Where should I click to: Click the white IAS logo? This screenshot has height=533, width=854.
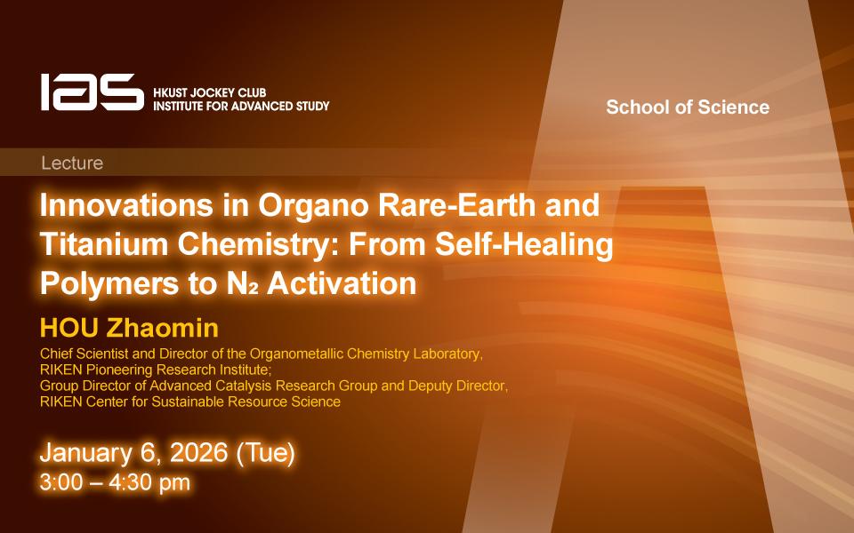click(92, 91)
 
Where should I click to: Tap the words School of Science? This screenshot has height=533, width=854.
click(688, 107)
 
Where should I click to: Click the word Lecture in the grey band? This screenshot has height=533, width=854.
click(72, 163)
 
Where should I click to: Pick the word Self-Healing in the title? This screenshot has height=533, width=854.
click(524, 245)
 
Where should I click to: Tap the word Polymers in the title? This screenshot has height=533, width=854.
click(109, 284)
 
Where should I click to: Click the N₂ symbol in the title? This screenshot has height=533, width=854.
click(242, 284)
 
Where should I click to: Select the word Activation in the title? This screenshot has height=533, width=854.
click(342, 283)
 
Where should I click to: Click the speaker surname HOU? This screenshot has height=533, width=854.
click(69, 328)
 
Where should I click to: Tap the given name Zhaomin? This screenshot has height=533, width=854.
click(162, 328)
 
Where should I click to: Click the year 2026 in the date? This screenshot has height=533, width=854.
click(197, 452)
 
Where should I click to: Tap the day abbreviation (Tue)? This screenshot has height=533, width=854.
click(265, 453)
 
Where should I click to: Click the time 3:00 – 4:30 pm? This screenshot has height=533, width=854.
click(115, 482)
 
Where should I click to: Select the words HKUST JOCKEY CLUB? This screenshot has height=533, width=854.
click(210, 92)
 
